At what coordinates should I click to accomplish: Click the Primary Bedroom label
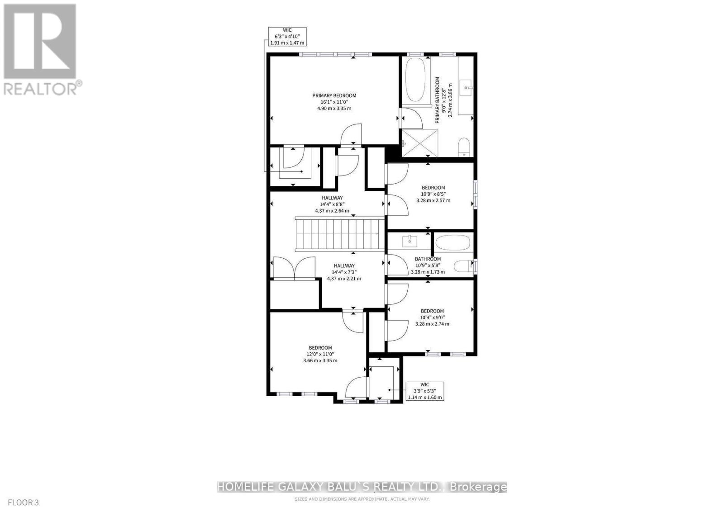pyautogui.click(x=334, y=95)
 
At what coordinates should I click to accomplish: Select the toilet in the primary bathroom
pyautogui.click(x=464, y=147)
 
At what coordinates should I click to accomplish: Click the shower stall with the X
pyautogui.click(x=420, y=143)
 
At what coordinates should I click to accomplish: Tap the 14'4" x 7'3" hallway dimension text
pyautogui.click(x=344, y=272)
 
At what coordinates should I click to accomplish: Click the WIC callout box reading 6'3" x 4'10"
pyautogui.click(x=287, y=37)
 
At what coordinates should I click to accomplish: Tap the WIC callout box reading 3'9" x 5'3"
pyautogui.click(x=425, y=391)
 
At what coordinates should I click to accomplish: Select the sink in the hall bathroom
pyautogui.click(x=410, y=241)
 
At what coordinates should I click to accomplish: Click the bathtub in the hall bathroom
pyautogui.click(x=454, y=243)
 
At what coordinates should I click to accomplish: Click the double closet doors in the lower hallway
pyautogui.click(x=295, y=269)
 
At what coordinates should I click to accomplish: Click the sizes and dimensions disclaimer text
pyautogui.click(x=362, y=499)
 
